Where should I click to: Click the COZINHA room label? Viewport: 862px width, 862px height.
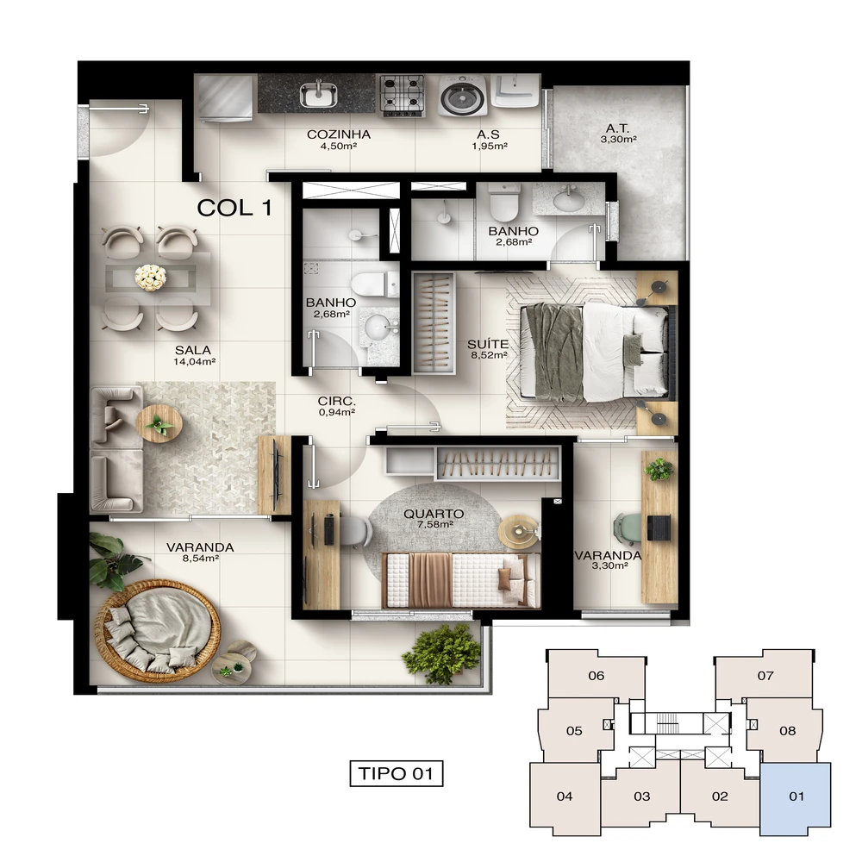coord(338,134)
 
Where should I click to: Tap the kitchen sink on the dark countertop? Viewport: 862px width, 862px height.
coord(318,94)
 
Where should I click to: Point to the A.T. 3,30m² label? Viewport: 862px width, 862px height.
coord(618,133)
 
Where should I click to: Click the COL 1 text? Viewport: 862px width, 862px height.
coord(234,208)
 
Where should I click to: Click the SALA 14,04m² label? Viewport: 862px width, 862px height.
coord(193,355)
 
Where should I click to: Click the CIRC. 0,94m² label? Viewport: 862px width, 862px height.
coord(336,406)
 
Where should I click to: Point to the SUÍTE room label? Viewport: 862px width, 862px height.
coord(488,344)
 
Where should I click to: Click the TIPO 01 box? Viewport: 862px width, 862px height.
coord(397,773)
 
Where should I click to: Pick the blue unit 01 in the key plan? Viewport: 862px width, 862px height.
coord(796,799)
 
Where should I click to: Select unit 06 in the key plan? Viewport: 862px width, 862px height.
coord(596,676)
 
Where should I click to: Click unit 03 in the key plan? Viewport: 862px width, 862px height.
coord(641,796)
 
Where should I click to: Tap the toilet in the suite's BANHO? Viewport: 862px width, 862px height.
coord(504,201)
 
